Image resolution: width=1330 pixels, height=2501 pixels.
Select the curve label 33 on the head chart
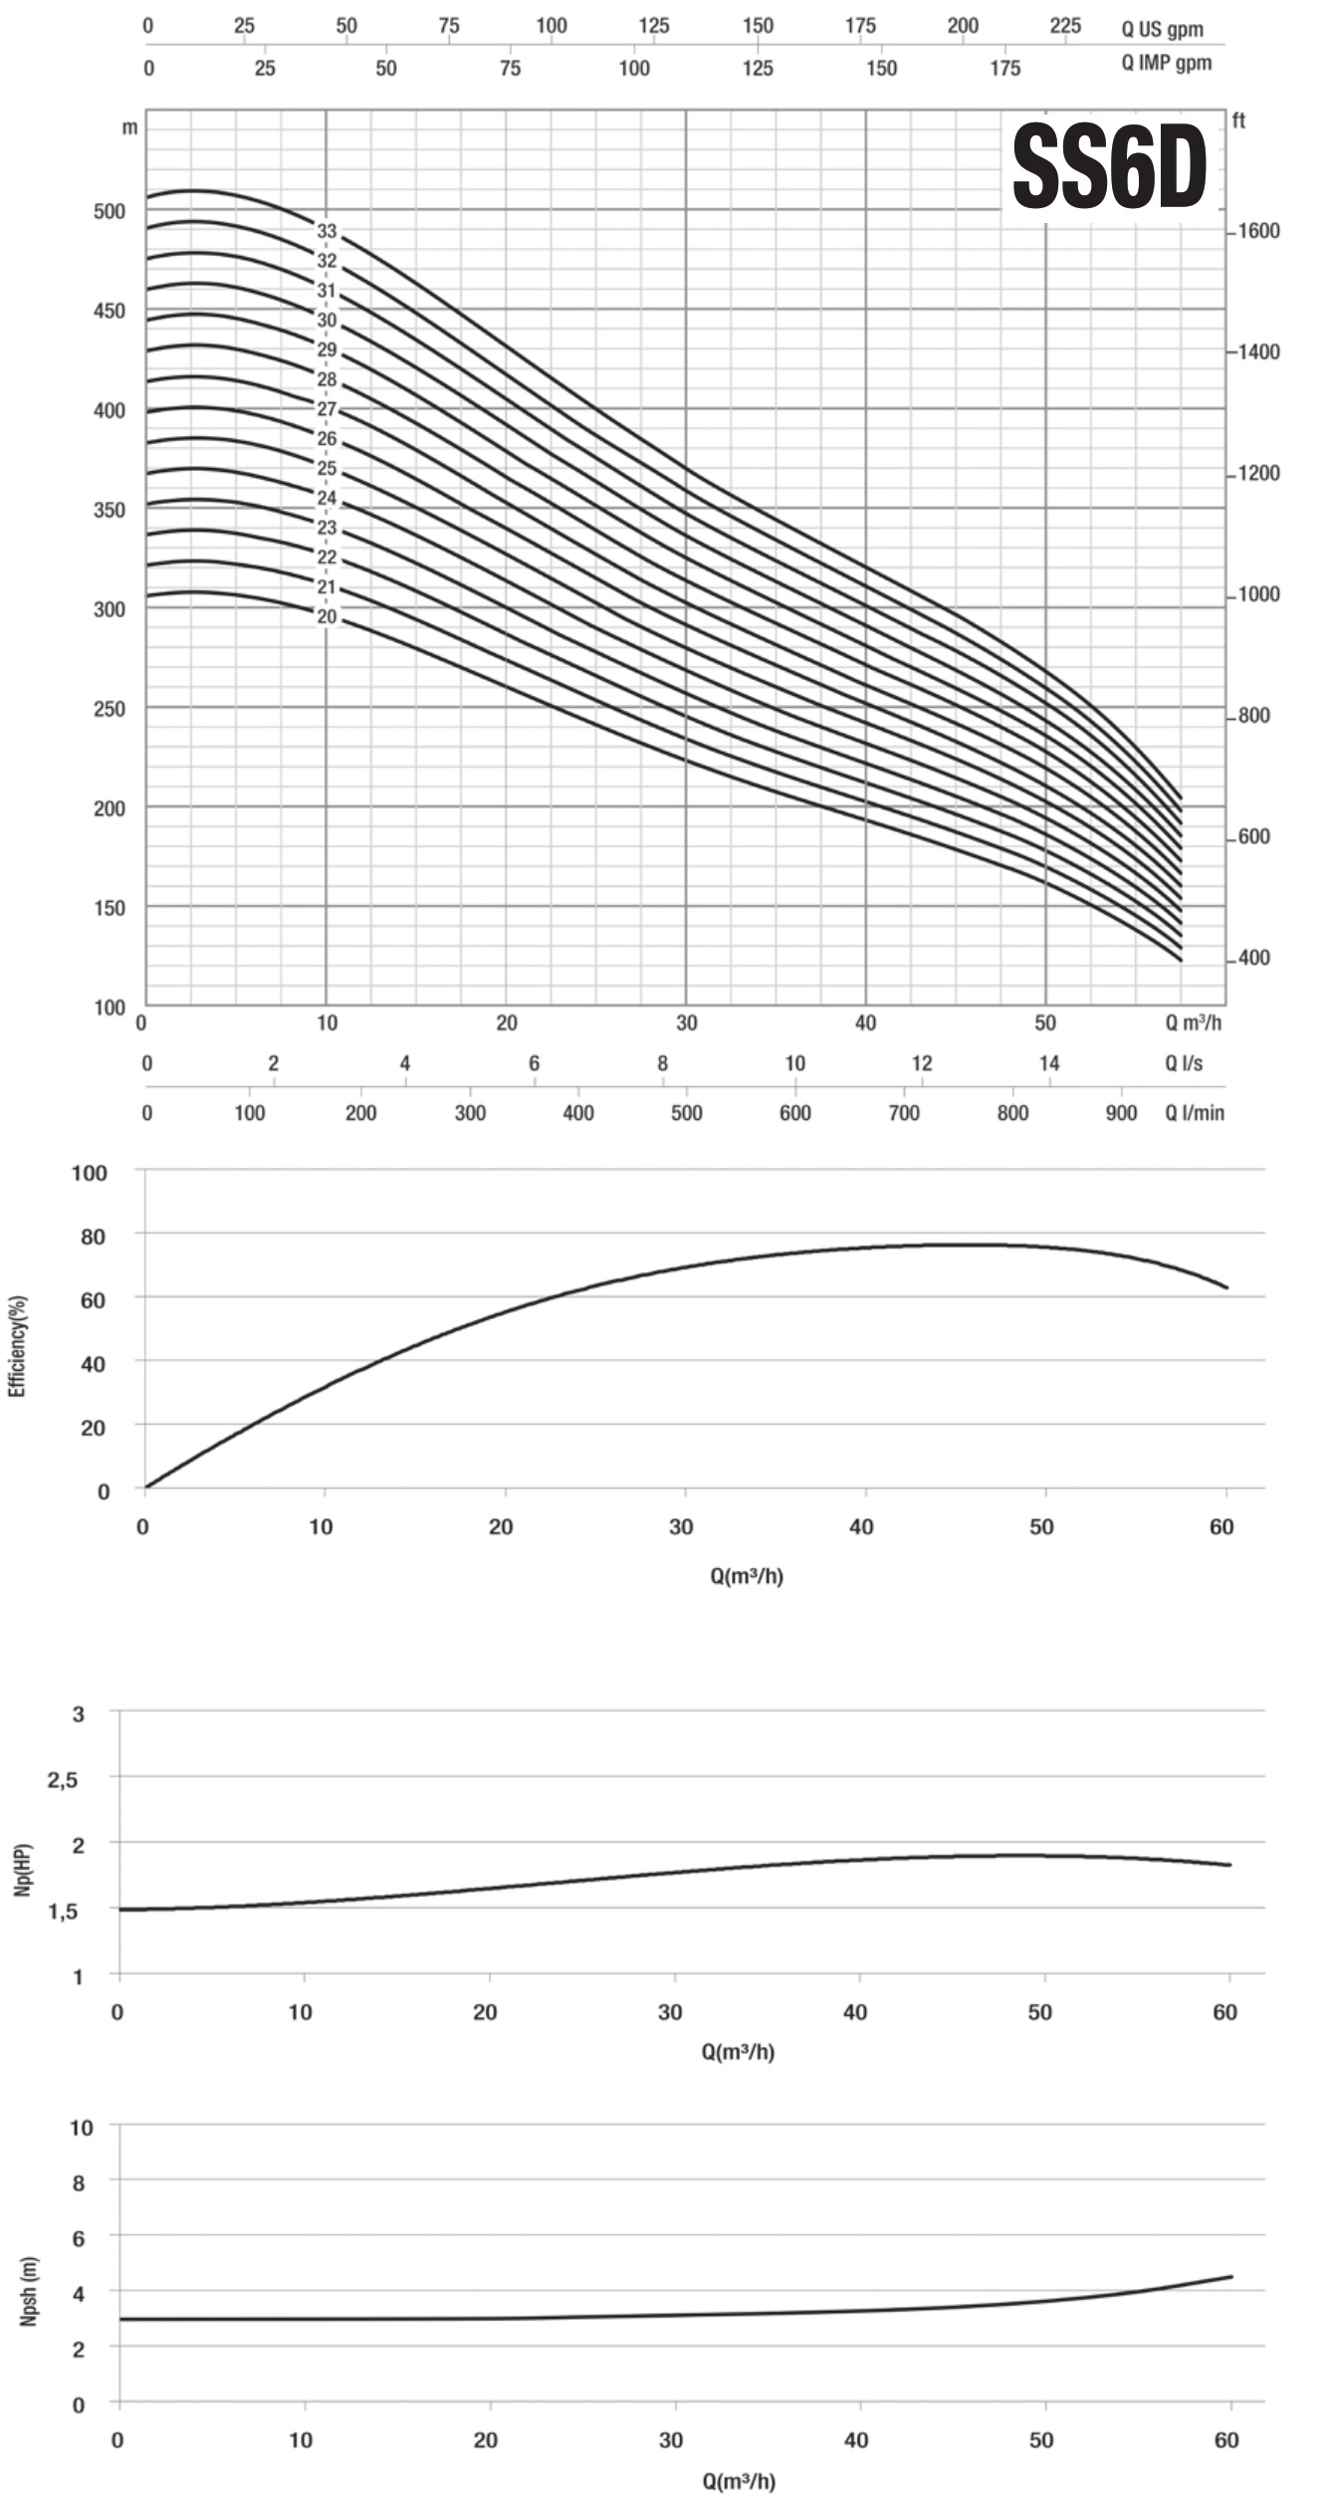pos(328,232)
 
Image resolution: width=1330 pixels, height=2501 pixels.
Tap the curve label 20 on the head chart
pos(328,617)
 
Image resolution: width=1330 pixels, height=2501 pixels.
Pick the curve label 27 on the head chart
pos(328,409)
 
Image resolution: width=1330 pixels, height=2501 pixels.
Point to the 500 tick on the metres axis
pos(110,211)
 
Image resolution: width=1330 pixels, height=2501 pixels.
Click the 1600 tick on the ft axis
pos(1258,231)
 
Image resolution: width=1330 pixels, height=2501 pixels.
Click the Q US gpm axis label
pos(1162,29)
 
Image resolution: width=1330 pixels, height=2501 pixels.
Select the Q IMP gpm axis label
pos(1167,64)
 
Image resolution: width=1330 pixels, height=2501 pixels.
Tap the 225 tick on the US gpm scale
pos(1064,26)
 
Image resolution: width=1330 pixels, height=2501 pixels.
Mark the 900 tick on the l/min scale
pos(1121,1112)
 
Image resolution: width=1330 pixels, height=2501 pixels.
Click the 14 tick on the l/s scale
pos(1049,1063)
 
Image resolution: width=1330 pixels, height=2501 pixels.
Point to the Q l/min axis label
pos(1195,1112)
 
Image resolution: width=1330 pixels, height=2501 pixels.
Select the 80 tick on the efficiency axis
pos(93,1236)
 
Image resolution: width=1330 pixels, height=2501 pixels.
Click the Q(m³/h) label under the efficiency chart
pos(747,1576)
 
